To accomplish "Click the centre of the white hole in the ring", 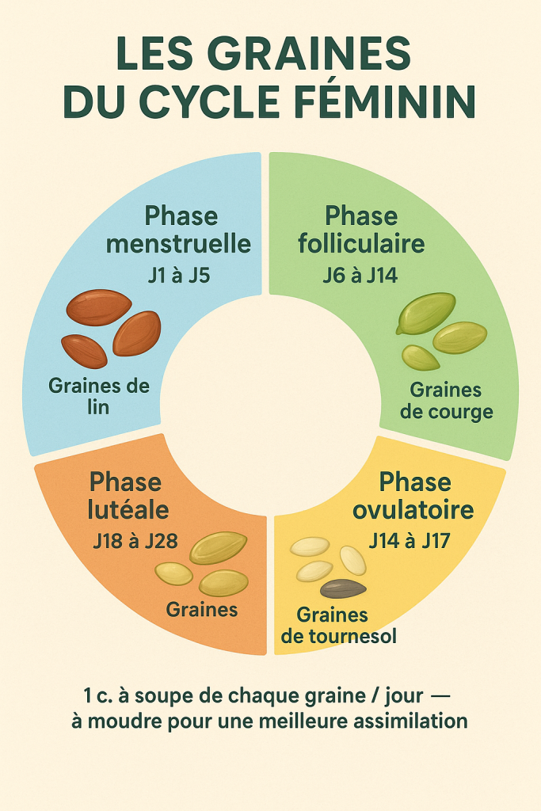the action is pyautogui.click(x=269, y=405).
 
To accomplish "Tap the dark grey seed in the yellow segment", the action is pyautogui.click(x=344, y=588).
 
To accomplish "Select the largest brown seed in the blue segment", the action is pyautogui.click(x=99, y=307).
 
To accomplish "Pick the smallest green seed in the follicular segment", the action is pyautogui.click(x=421, y=358).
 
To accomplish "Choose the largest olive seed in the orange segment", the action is pyautogui.click(x=219, y=548).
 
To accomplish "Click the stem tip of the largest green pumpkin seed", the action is pyautogui.click(x=398, y=332).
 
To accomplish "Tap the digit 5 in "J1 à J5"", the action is pyautogui.click(x=205, y=275).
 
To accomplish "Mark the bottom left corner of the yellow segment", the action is pyautogui.click(x=276, y=653).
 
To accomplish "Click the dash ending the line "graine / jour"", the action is pyautogui.click(x=440, y=696).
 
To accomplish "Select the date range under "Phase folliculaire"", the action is pyautogui.click(x=360, y=275).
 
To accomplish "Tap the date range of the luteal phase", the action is pyautogui.click(x=135, y=541).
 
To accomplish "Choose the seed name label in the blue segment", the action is pyautogui.click(x=99, y=396).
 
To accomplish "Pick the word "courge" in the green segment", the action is pyautogui.click(x=461, y=413).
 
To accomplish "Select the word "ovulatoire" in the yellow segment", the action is pyautogui.click(x=413, y=510).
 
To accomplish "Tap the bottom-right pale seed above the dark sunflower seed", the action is pyautogui.click(x=352, y=560).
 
